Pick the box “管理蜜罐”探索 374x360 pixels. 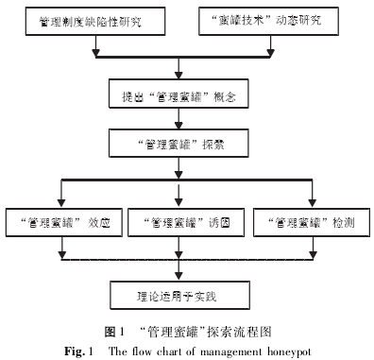pyautogui.click(x=178, y=146)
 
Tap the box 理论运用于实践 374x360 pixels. pyautogui.click(x=178, y=294)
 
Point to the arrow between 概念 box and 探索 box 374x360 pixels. pyautogui.click(x=178, y=124)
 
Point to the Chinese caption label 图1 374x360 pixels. pyautogui.click(x=112, y=332)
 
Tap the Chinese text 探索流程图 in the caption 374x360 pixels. pyautogui.click(x=241, y=332)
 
